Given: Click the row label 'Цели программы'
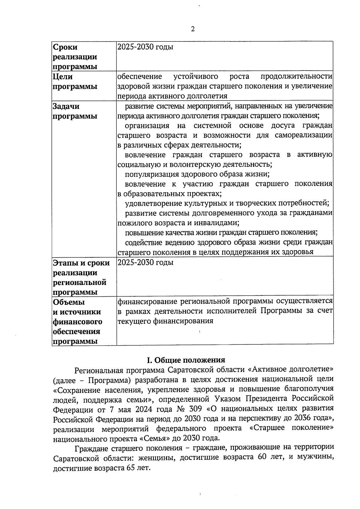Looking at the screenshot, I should coord(75,82).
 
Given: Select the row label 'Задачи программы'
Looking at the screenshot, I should coord(75,111).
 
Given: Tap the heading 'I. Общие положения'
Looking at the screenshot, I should coord(186,360).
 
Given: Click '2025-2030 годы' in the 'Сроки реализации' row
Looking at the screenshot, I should coord(145,47).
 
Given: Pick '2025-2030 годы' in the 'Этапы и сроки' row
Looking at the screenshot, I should coord(145,262).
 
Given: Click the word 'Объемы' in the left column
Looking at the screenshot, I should coord(69,302).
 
